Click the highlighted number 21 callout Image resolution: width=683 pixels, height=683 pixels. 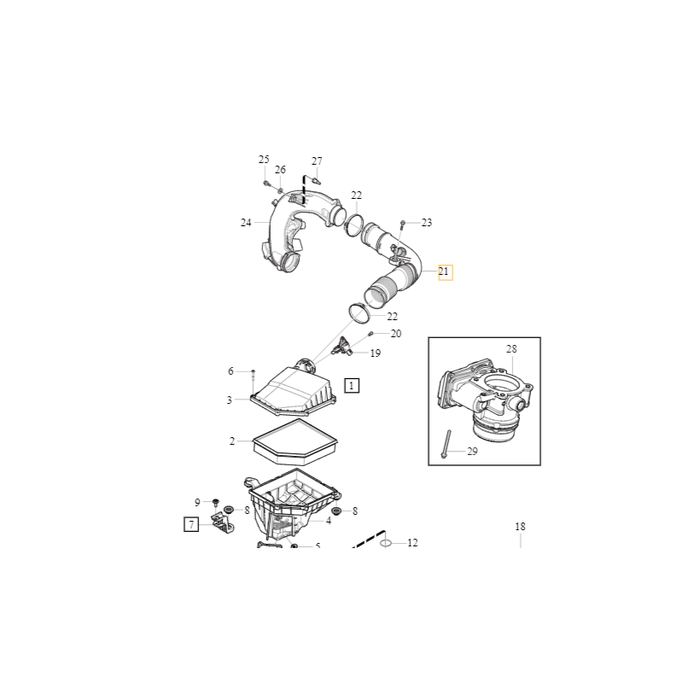(x=445, y=272)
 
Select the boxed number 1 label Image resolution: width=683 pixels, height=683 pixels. (x=353, y=385)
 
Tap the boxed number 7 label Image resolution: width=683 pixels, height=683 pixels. (x=192, y=524)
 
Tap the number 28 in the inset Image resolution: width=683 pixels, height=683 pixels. (x=511, y=349)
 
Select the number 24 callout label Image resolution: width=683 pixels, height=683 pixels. (x=246, y=223)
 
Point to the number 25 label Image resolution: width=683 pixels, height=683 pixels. (x=264, y=160)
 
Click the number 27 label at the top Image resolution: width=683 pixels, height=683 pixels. (x=317, y=161)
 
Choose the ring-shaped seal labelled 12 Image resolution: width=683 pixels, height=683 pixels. (x=385, y=542)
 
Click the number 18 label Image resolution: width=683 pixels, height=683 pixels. (x=520, y=527)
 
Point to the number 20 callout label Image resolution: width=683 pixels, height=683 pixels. (x=395, y=334)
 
